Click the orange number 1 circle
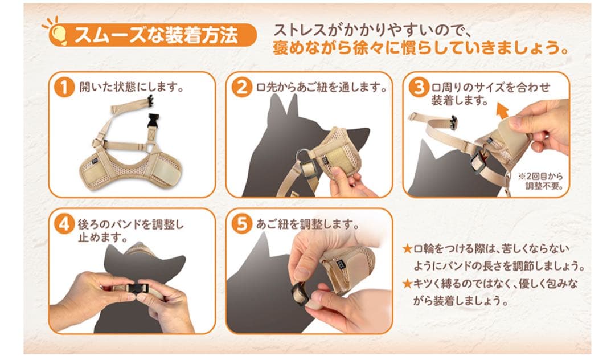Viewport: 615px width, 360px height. pyautogui.click(x=64, y=87)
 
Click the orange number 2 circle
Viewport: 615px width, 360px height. pyautogui.click(x=241, y=87)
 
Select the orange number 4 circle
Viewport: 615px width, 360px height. pyautogui.click(x=64, y=224)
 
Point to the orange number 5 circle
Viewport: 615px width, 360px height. pyautogui.click(x=241, y=224)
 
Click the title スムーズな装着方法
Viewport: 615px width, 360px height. pyautogui.click(x=156, y=35)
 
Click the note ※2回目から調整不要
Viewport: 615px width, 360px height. pyautogui.click(x=542, y=181)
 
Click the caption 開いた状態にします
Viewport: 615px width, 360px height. pyautogui.click(x=132, y=87)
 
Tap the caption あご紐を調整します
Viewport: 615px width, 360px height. pyautogui.click(x=307, y=224)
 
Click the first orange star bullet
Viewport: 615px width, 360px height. pyautogui.click(x=408, y=248)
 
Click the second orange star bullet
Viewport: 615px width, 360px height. pyautogui.click(x=408, y=283)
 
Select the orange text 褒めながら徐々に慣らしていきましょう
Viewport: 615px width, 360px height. pyautogui.click(x=421, y=48)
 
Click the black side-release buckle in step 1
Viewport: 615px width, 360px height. pyautogui.click(x=154, y=121)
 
